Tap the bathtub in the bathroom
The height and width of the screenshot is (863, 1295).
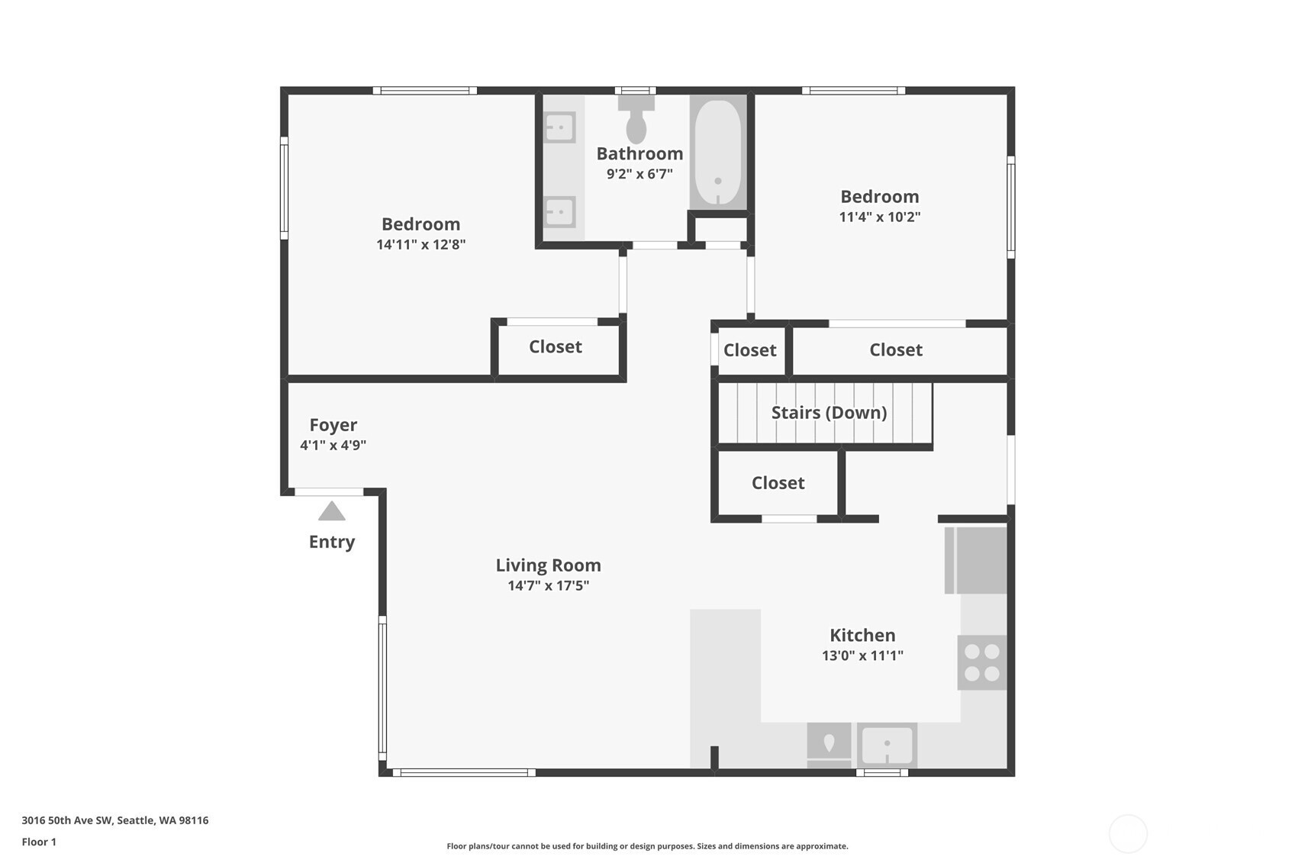click(x=718, y=153)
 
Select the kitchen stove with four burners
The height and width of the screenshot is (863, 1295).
click(x=981, y=662)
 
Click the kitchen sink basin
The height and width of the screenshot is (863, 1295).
click(x=887, y=745)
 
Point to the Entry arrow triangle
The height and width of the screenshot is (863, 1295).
click(x=332, y=511)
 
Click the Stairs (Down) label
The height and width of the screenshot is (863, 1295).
click(x=829, y=413)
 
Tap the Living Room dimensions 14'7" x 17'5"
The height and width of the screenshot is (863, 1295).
click(x=548, y=585)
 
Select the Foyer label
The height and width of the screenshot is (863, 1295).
click(x=333, y=426)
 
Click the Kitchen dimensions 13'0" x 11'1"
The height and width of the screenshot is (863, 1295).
click(x=862, y=655)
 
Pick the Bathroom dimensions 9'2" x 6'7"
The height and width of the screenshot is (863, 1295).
click(x=639, y=174)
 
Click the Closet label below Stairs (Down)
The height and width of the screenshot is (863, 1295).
click(x=778, y=483)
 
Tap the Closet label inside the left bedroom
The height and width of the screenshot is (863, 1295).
click(x=555, y=346)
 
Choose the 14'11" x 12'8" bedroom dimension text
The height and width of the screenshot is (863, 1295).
click(x=421, y=244)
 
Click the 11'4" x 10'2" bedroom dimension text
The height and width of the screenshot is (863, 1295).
click(x=879, y=217)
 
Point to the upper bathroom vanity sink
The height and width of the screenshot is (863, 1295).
click(x=559, y=127)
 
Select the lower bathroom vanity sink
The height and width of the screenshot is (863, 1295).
click(x=559, y=212)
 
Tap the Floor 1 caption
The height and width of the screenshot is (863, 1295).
click(x=39, y=842)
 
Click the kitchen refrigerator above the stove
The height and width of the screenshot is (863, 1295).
click(x=976, y=560)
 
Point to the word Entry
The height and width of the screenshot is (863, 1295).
click(x=332, y=543)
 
